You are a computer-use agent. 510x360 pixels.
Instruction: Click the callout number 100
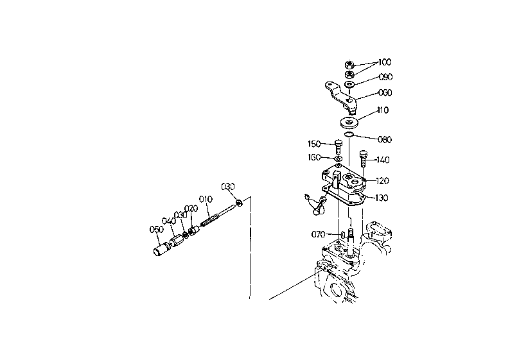coord(385,62)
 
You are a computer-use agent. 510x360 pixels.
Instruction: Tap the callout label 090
coord(386,77)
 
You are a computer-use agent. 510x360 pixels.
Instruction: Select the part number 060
coord(385,92)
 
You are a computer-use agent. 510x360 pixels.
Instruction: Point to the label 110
coord(383,110)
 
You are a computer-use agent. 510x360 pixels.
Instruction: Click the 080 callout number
coord(385,139)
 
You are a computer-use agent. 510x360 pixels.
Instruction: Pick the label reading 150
coord(314,144)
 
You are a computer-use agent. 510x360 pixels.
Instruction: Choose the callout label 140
coord(383,160)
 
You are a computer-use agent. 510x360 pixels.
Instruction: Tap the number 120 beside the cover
coord(383,181)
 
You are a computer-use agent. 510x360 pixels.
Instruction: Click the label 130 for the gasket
coord(382,198)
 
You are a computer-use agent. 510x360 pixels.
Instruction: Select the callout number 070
coord(318,234)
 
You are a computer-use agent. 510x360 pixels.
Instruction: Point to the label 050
coord(157,229)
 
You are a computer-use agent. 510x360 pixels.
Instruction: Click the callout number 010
coord(206,199)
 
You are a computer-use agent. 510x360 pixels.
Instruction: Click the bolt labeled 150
coord(339,148)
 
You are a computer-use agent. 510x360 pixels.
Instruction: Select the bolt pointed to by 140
coord(364,159)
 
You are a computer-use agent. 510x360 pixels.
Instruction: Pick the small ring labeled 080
coord(348,135)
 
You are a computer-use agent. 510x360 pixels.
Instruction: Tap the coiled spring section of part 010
coord(209,219)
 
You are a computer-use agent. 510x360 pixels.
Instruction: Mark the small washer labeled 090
coord(349,85)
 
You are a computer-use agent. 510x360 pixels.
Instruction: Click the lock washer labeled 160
coord(339,159)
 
